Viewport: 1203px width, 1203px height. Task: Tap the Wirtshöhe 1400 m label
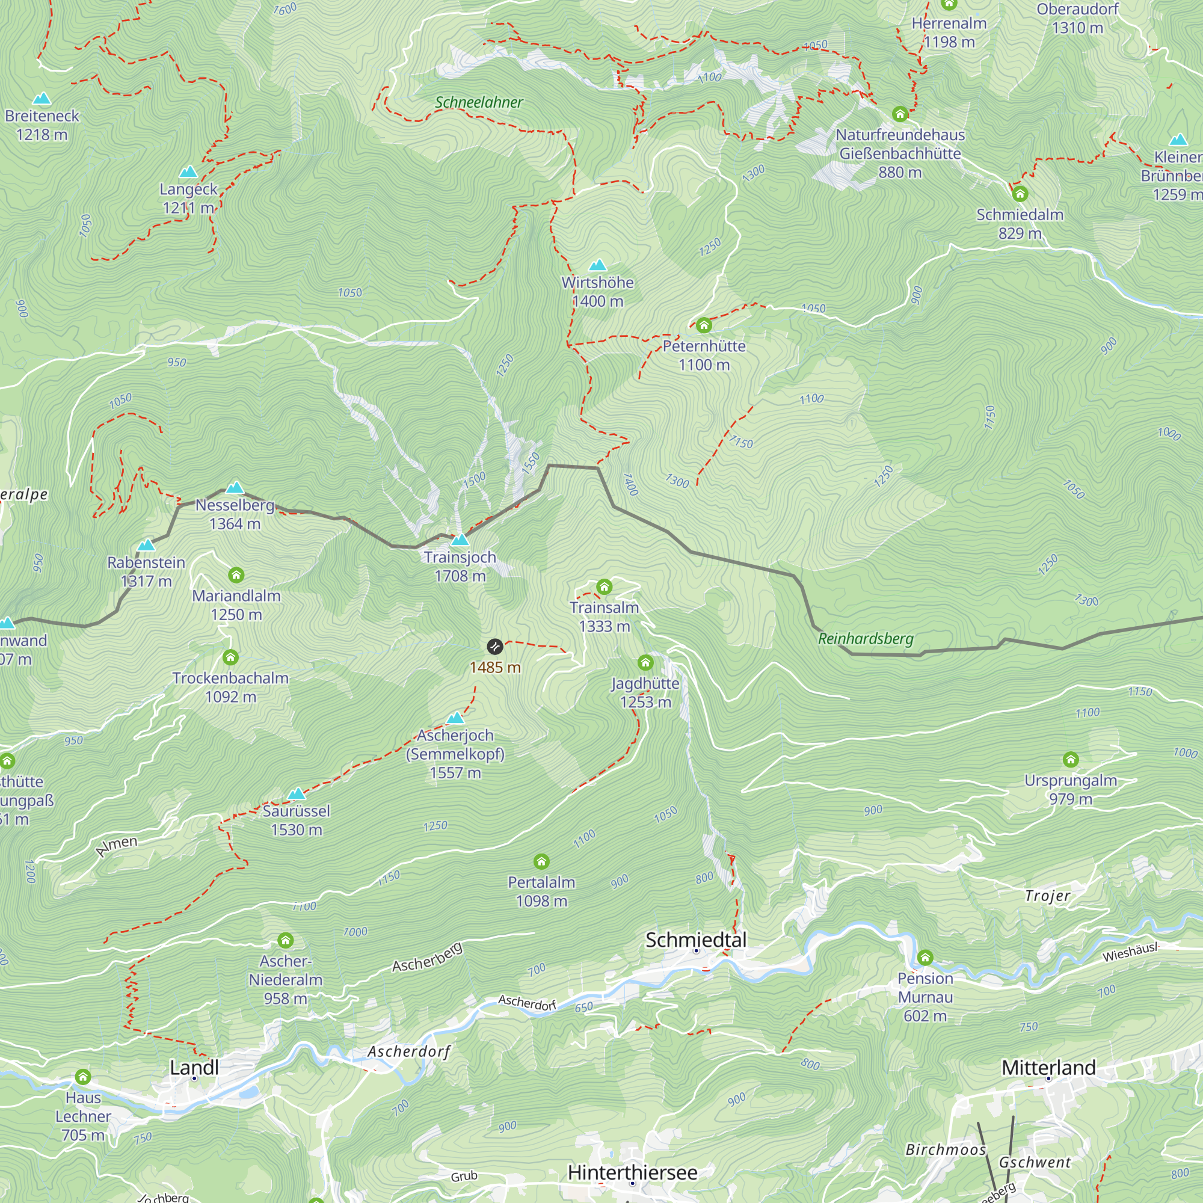pos(597,291)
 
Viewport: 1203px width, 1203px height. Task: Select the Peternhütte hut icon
pos(704,325)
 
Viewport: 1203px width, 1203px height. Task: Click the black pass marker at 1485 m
pos(494,647)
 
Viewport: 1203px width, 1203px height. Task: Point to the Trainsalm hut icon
pos(604,586)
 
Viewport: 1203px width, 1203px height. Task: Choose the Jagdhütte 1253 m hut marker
pos(645,662)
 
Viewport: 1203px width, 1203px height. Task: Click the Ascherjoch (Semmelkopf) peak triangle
pos(455,718)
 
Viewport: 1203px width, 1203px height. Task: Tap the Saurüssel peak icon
pos(297,793)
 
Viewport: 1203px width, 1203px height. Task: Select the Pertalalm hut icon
pos(541,862)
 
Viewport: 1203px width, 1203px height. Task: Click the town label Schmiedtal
pos(695,940)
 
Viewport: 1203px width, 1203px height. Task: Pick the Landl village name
pos(194,1067)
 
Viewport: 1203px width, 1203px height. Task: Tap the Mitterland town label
pos(1048,1067)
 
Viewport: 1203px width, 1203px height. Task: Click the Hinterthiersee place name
pos(632,1172)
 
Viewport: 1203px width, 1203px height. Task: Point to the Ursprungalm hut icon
pos(1071,760)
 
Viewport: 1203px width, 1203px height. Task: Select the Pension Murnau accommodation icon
pos(925,958)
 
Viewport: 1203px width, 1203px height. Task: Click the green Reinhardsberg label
pos(866,638)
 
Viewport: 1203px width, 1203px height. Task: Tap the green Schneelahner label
pos(479,102)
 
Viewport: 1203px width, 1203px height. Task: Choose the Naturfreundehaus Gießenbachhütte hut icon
pos(900,114)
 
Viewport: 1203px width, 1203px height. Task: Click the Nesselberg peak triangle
pos(235,487)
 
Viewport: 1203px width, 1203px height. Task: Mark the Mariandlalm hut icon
pos(236,574)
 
